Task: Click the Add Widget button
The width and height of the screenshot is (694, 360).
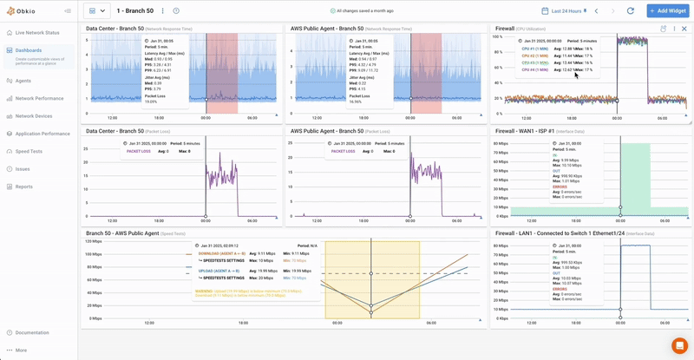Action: pyautogui.click(x=667, y=10)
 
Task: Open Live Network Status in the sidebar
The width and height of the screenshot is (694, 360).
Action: pyautogui.click(x=37, y=33)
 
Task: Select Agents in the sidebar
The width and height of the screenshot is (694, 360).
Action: pyautogui.click(x=23, y=81)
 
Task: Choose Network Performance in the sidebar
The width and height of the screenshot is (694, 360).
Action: pyautogui.click(x=39, y=98)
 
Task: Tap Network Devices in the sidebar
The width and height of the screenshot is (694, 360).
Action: pyautogui.click(x=34, y=115)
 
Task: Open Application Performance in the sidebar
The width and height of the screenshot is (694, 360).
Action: pyautogui.click(x=43, y=134)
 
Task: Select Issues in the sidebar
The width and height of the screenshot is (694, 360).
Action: pyautogui.click(x=23, y=169)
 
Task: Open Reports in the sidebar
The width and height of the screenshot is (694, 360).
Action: pyautogui.click(x=24, y=187)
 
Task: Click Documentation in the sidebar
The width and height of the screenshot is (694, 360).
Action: pyautogui.click(x=32, y=332)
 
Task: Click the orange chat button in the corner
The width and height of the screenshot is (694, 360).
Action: pyautogui.click(x=679, y=345)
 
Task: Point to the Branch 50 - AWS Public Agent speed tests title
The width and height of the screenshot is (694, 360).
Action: pyautogui.click(x=122, y=233)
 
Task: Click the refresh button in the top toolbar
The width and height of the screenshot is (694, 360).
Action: pyautogui.click(x=630, y=10)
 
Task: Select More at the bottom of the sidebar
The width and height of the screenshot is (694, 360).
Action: pyautogui.click(x=21, y=350)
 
